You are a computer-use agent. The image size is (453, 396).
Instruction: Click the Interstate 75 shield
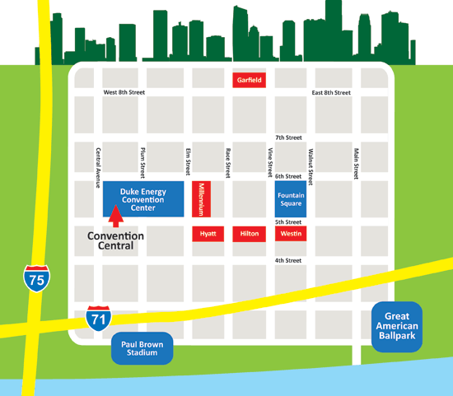(x=35, y=280)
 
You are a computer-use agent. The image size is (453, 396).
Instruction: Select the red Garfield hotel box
(x=249, y=80)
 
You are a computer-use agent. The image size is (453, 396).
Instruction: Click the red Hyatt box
(x=208, y=234)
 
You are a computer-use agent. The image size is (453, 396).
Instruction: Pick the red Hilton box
(x=249, y=234)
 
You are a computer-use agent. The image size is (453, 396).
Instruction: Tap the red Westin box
(x=291, y=234)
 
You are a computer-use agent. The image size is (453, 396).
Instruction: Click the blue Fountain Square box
(x=291, y=198)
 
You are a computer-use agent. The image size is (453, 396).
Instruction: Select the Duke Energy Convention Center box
(x=142, y=198)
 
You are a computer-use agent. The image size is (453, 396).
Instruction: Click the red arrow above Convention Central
(x=115, y=216)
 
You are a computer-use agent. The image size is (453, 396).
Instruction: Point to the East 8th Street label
(x=332, y=93)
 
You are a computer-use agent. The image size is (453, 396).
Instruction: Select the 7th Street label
(x=288, y=137)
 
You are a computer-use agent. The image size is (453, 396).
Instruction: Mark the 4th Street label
(x=288, y=260)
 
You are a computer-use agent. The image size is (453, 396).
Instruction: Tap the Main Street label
(x=356, y=163)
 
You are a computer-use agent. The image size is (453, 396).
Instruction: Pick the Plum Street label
(x=142, y=163)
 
